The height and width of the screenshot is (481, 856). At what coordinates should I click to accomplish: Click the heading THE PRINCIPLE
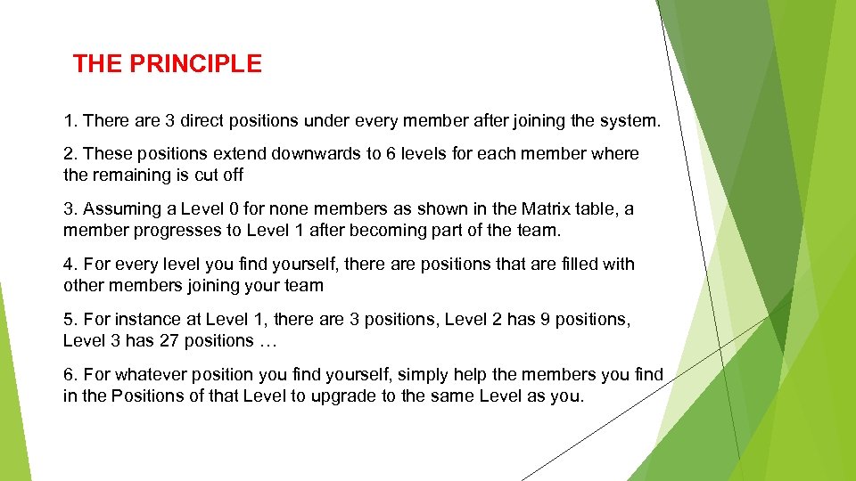(168, 64)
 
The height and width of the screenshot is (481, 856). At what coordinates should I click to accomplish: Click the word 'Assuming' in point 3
(116, 208)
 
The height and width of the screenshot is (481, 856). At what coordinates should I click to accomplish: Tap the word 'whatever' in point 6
(145, 374)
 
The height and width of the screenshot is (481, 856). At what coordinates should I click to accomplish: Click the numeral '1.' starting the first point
(70, 119)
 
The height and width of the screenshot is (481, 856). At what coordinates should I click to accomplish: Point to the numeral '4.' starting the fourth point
(70, 264)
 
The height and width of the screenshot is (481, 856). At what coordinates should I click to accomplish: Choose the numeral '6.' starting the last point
(70, 374)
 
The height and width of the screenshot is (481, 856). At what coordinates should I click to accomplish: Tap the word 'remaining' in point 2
(128, 175)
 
